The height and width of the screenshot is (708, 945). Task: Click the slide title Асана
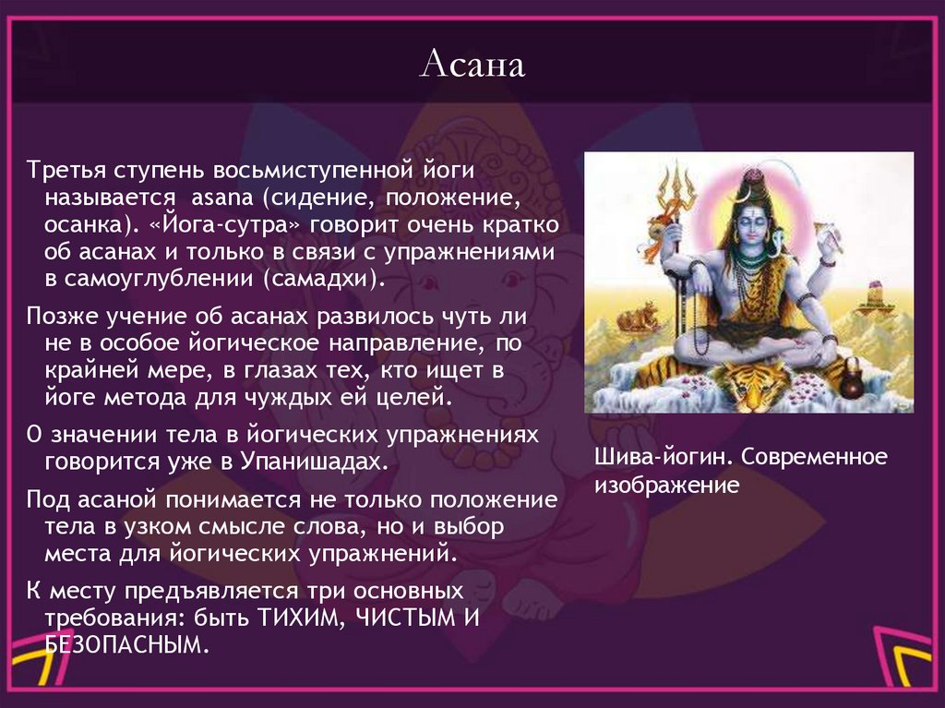[472, 65]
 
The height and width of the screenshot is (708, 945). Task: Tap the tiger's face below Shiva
[749, 383]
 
